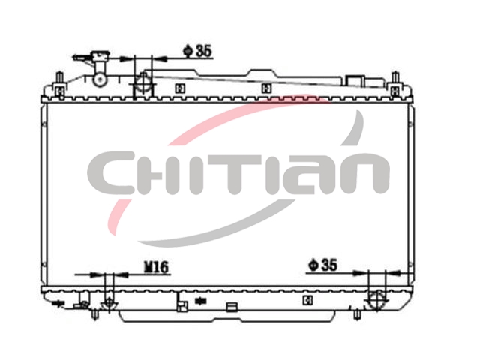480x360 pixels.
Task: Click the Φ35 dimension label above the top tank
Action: tap(197, 51)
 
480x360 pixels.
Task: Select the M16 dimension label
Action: tap(157, 267)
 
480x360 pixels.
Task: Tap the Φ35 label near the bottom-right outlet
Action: tap(322, 265)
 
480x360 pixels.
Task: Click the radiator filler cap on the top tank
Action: tap(98, 56)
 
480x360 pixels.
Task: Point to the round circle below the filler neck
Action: tap(100, 79)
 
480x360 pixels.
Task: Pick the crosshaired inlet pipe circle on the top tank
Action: tap(143, 82)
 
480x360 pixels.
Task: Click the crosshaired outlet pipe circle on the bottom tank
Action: tap(377, 300)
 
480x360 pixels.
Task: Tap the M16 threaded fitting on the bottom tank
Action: tap(109, 304)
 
